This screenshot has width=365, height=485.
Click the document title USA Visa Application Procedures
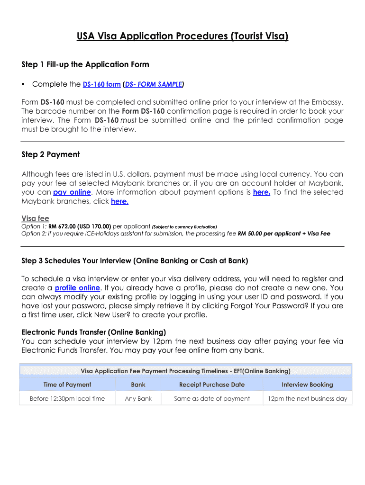click(x=182, y=36)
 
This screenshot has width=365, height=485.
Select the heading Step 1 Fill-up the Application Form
click(x=85, y=64)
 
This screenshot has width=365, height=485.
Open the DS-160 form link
click(x=101, y=84)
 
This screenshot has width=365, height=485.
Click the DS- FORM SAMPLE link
click(x=154, y=84)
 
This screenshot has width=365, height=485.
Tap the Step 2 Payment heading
click(x=51, y=154)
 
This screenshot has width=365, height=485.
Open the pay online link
click(x=72, y=192)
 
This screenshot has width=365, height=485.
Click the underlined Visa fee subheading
click(x=35, y=218)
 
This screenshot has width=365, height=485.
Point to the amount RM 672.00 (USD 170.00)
click(x=80, y=226)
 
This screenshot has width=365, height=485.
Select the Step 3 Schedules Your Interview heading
click(x=135, y=260)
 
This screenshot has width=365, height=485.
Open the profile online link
click(x=77, y=288)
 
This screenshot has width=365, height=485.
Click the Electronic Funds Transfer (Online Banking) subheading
click(x=94, y=332)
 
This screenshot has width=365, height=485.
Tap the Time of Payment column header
click(x=67, y=385)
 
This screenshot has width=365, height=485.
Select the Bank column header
click(x=138, y=385)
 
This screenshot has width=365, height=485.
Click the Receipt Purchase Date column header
click(x=212, y=385)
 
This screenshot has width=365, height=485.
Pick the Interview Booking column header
click(x=307, y=385)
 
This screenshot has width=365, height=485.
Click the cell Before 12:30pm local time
click(x=67, y=398)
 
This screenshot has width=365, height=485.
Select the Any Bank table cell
click(x=138, y=398)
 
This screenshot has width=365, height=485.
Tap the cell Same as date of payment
click(x=212, y=398)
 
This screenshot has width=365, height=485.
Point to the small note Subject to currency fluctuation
click(x=184, y=227)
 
